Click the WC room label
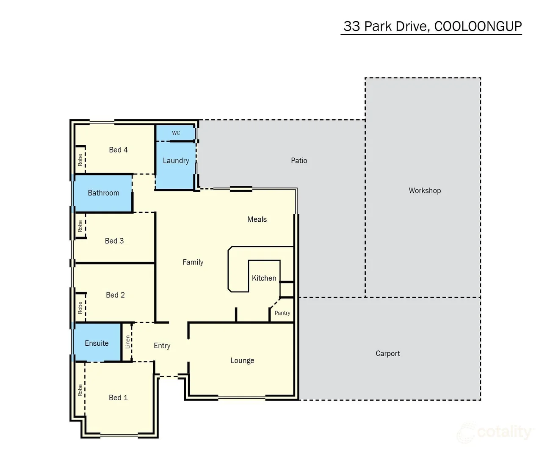point(176,133)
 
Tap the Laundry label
point(176,160)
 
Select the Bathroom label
point(103,193)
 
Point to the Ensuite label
point(97,343)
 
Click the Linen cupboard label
point(128,342)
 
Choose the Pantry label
point(282,313)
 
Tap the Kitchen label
point(264,278)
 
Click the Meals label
point(257,220)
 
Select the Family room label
point(193,262)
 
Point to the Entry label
point(162,346)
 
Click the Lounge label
point(242,361)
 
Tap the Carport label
point(388,354)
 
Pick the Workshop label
point(425,190)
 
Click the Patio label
point(299,160)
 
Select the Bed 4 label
point(118,150)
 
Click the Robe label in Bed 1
point(80,390)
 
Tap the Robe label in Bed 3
point(80,226)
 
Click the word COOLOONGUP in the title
point(478,26)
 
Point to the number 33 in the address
point(352,26)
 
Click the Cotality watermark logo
point(495,432)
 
